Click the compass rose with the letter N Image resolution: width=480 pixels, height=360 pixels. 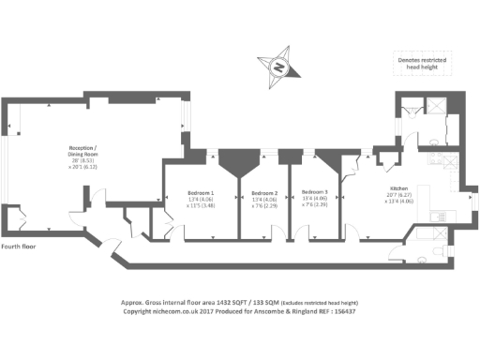[x=278, y=67]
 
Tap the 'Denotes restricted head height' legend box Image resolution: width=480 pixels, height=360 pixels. [x=422, y=64]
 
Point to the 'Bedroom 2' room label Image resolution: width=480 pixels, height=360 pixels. [x=263, y=192]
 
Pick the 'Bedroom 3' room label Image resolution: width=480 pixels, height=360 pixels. [x=321, y=192]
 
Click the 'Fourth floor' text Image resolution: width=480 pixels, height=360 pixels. [x=19, y=247]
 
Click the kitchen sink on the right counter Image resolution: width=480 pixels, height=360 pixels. [x=442, y=217]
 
